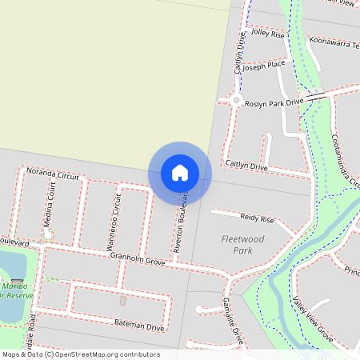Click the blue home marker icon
(180, 172)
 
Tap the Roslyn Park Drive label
(274, 103)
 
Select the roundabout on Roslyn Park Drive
(237, 100)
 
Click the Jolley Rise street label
(268, 34)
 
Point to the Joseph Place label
(266, 64)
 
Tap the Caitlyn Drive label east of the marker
(246, 166)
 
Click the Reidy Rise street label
(257, 218)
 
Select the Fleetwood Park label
(242, 244)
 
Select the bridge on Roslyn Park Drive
(316, 95)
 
